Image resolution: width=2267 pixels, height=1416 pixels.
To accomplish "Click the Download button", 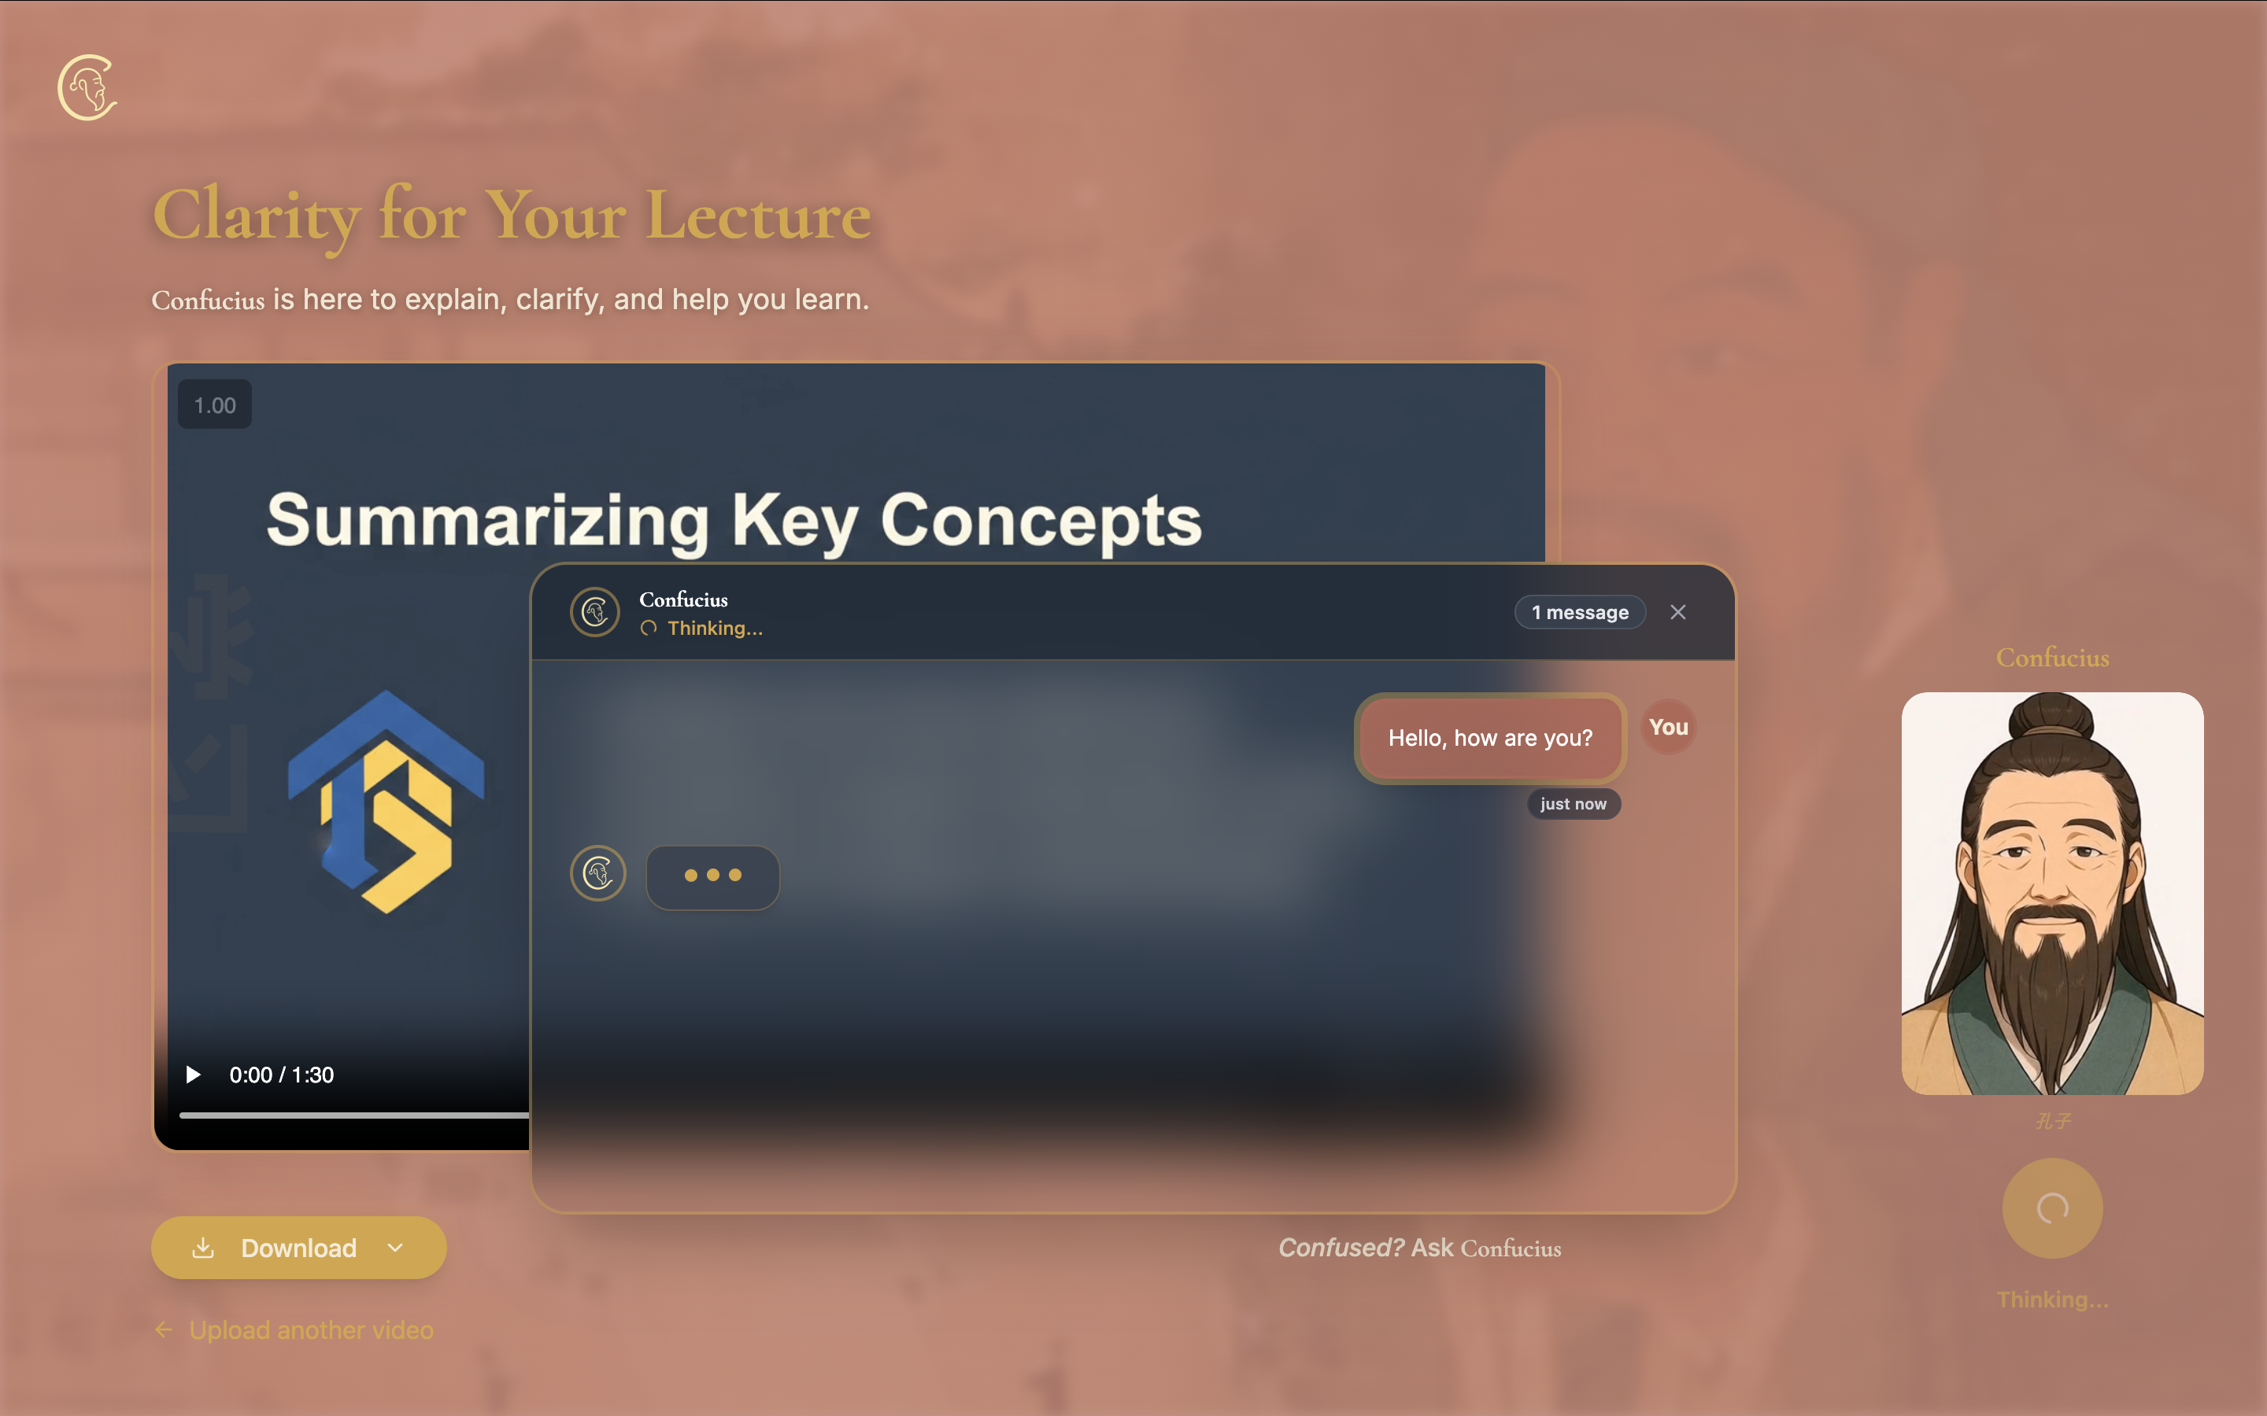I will pyautogui.click(x=298, y=1248).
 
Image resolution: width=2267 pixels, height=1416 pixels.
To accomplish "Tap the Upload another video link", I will pyautogui.click(x=310, y=1329).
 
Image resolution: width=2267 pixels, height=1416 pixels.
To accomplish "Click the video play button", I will pyautogui.click(x=194, y=1074).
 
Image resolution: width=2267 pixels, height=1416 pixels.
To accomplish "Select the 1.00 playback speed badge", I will pyautogui.click(x=215, y=404).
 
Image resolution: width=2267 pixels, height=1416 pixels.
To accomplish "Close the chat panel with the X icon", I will pyautogui.click(x=1677, y=613).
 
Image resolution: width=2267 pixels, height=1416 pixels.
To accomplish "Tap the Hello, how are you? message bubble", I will pyautogui.click(x=1489, y=738).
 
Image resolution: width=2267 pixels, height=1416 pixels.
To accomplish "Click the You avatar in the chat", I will pyautogui.click(x=1669, y=727).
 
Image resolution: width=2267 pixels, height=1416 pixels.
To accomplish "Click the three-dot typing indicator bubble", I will pyautogui.click(x=713, y=876).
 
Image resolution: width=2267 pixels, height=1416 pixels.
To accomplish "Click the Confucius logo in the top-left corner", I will pyautogui.click(x=87, y=88).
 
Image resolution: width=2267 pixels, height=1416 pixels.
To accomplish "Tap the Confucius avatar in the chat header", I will pyautogui.click(x=595, y=613).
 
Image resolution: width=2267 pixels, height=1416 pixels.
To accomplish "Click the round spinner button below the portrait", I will pyautogui.click(x=2051, y=1208).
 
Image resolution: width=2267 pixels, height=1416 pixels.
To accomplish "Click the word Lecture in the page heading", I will pyautogui.click(x=758, y=216).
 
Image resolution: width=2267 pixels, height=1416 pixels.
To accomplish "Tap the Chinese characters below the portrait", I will pyautogui.click(x=2051, y=1121).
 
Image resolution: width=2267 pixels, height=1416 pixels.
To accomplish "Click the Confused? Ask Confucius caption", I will pyautogui.click(x=1419, y=1248).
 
